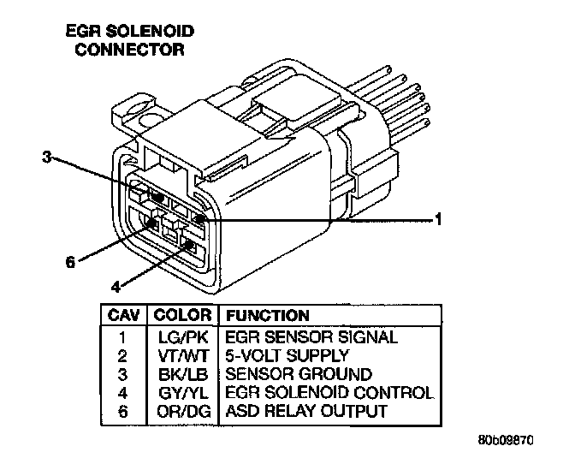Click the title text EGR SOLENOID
130,32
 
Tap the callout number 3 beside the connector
49,158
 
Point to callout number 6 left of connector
70,262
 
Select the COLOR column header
182,315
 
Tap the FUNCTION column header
267,315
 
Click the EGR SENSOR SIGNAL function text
311,336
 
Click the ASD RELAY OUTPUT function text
305,411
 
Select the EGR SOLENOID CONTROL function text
329,393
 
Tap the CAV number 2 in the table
124,355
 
